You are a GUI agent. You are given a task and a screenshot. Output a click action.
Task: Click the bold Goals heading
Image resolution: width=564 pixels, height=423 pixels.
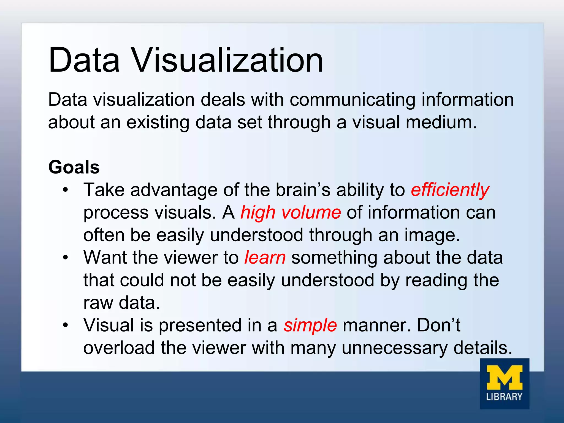[74, 167]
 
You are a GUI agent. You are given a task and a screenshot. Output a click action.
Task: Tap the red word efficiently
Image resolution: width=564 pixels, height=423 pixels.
[450, 190]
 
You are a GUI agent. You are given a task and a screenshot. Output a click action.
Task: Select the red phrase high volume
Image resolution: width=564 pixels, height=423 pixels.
[291, 213]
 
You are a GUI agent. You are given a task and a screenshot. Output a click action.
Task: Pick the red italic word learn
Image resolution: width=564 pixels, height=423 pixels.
[265, 258]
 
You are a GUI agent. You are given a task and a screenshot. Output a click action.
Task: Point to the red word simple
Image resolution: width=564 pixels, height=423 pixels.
[310, 325]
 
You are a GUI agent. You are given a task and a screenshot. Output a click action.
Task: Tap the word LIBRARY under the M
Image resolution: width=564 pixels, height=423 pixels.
[504, 397]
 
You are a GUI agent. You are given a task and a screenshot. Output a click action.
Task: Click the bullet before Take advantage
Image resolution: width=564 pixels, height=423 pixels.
[65, 190]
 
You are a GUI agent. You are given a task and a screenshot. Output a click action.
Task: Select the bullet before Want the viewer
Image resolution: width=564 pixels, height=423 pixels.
[65, 258]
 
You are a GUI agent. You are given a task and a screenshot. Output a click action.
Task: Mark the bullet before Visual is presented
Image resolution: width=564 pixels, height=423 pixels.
[65, 325]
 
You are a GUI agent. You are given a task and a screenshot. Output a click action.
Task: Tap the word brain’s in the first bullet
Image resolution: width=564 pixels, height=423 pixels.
[303, 190]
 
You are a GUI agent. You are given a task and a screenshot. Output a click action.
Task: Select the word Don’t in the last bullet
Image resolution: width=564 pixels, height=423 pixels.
[438, 325]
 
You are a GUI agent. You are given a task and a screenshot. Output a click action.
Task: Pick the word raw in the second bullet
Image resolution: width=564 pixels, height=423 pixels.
[98, 303]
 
